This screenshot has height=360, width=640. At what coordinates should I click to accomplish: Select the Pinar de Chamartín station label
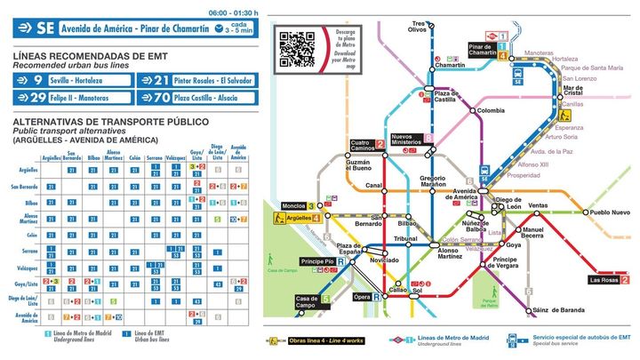481,50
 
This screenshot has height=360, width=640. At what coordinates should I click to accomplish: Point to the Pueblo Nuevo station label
610,212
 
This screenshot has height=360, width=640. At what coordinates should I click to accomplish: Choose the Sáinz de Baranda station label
556,310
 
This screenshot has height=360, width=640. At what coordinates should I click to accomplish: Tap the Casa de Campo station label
307,302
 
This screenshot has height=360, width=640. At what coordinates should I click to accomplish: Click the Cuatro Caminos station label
361,144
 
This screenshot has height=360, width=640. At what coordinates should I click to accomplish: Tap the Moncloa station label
292,206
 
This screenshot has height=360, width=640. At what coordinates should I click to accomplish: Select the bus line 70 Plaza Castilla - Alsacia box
205,96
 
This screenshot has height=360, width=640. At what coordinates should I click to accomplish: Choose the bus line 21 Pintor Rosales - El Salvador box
205,80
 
